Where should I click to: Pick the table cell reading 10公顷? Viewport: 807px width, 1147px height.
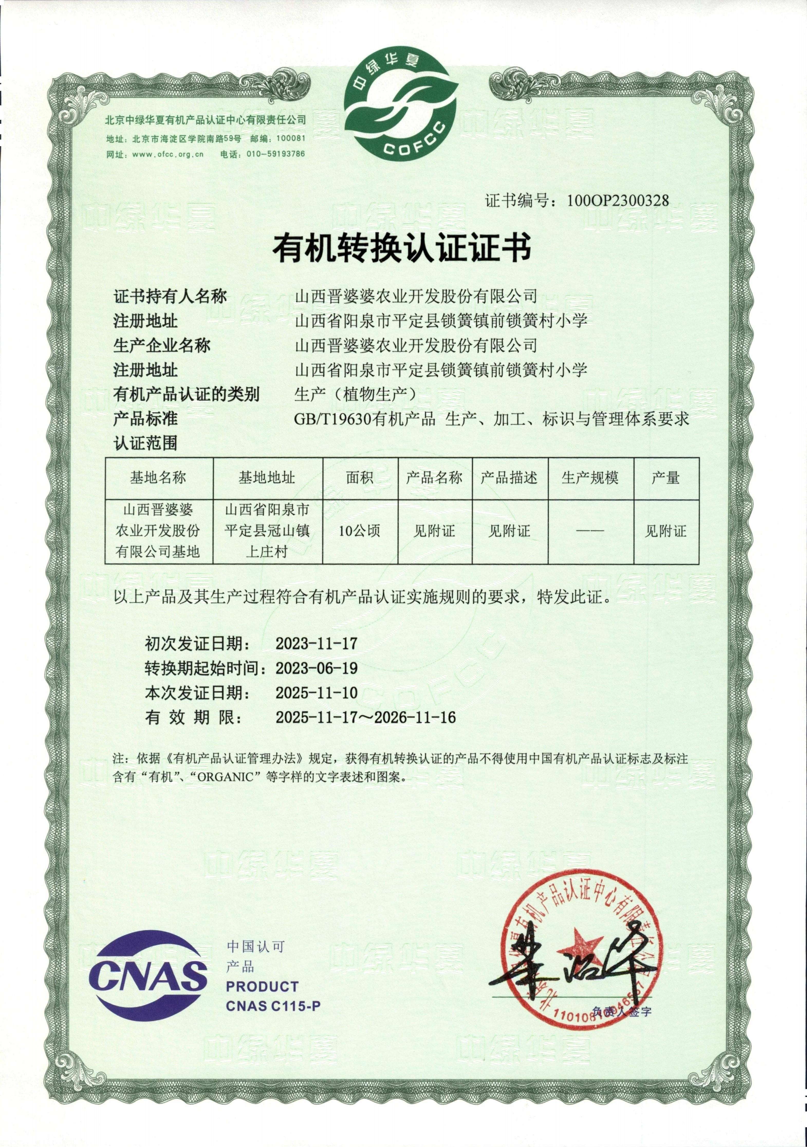click(359, 531)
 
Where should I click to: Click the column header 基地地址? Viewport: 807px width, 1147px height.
click(267, 478)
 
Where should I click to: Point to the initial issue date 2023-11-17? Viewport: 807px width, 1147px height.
click(317, 643)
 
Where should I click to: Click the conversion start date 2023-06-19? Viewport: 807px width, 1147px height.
click(317, 668)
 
